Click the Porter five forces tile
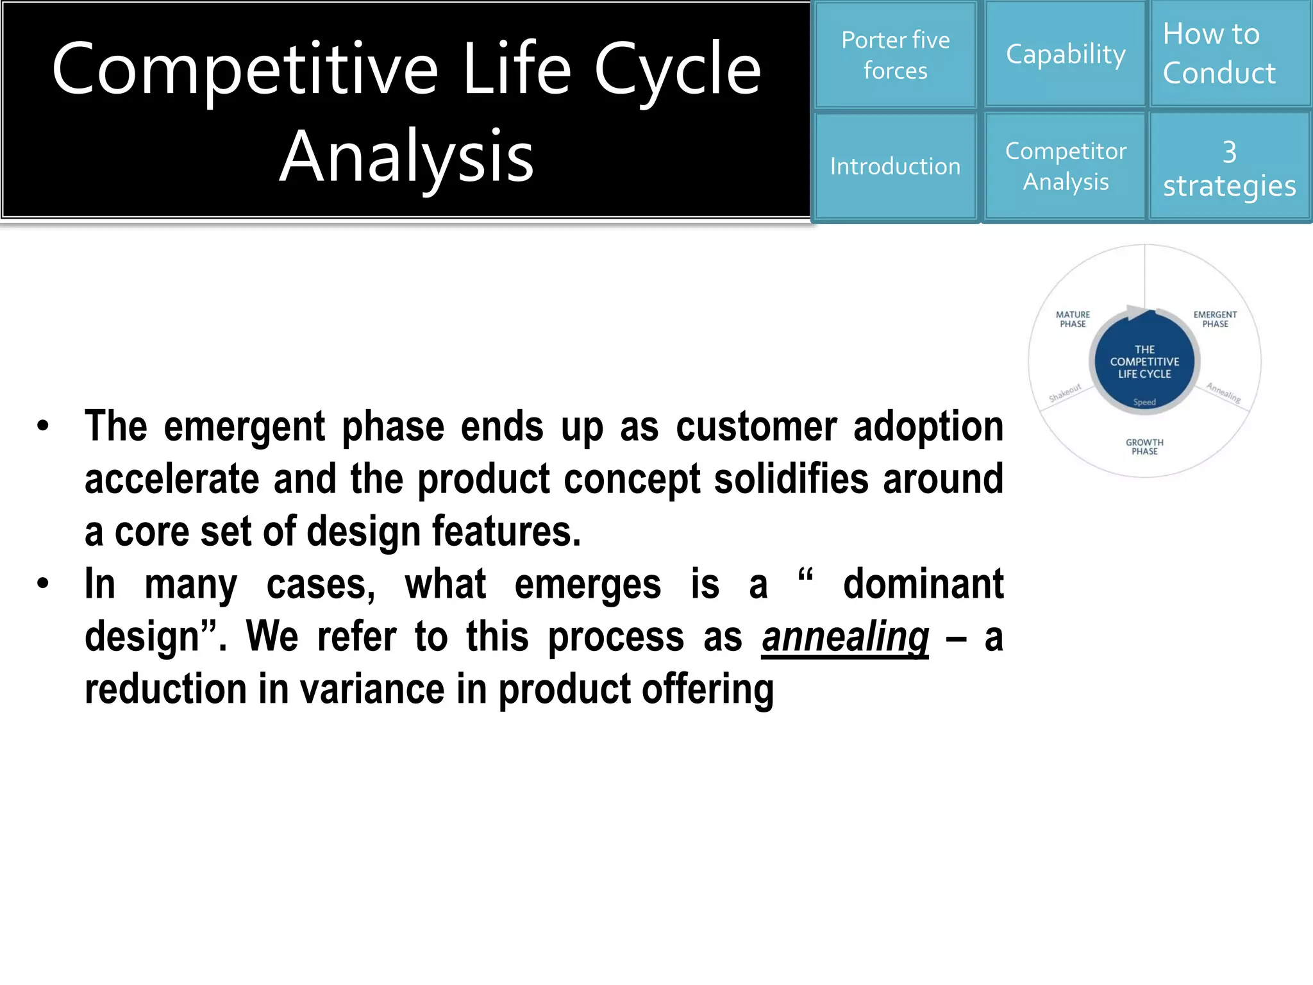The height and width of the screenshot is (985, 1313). click(895, 55)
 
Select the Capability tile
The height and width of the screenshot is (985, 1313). click(1065, 55)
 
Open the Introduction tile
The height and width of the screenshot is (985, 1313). click(895, 167)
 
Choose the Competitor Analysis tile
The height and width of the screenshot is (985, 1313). click(1065, 167)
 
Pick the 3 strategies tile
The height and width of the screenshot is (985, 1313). click(1230, 168)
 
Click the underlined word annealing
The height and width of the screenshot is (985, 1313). click(845, 637)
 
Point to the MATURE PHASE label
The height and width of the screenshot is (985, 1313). click(1073, 319)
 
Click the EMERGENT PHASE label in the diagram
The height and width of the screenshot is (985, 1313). click(1215, 319)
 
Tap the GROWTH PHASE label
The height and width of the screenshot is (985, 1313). click(1144, 447)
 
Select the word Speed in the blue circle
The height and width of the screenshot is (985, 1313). click(1144, 403)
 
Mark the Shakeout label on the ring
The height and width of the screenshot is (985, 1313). click(1065, 392)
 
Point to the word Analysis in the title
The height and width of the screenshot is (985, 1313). click(406, 156)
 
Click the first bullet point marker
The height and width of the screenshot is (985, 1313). click(43, 426)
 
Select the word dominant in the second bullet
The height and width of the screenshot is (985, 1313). click(923, 584)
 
